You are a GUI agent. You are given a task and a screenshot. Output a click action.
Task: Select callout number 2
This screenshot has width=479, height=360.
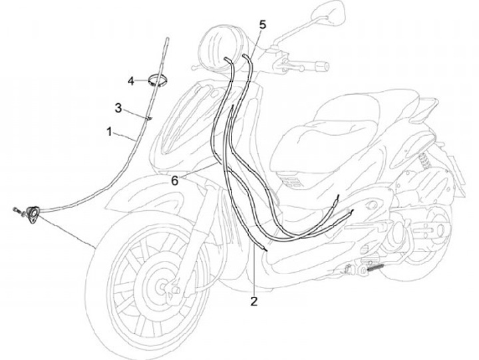(254, 301)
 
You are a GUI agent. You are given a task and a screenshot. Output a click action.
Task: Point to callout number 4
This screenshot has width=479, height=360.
(132, 81)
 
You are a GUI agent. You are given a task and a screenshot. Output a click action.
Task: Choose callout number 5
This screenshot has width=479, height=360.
(262, 25)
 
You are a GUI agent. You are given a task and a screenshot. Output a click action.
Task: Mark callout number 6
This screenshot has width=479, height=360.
(174, 180)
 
